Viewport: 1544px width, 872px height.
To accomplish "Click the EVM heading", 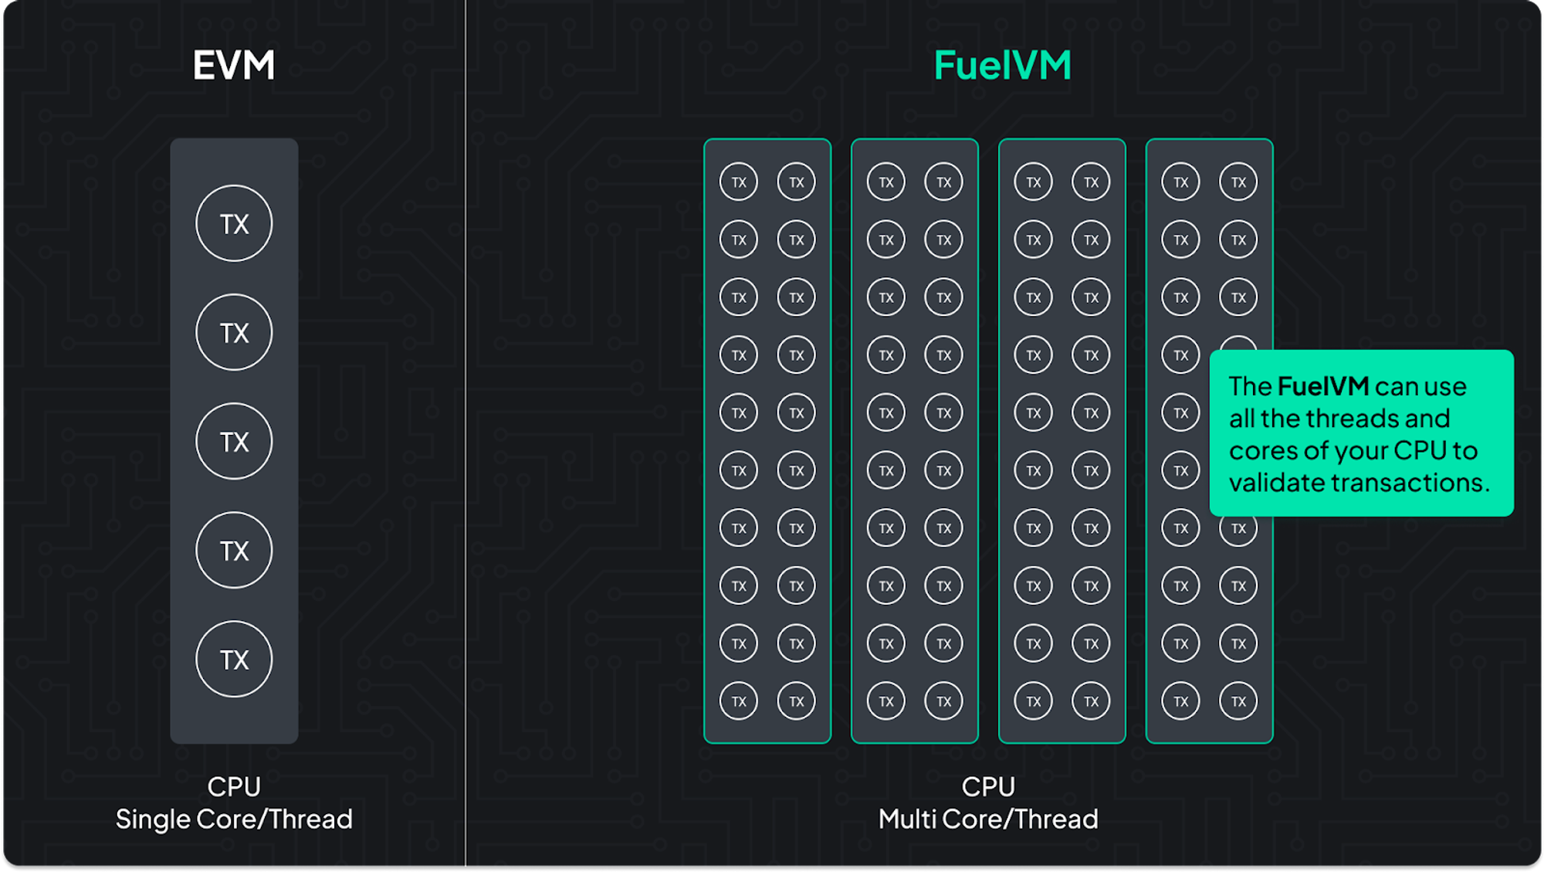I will click(234, 65).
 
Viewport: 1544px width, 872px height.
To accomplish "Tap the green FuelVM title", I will click(1002, 65).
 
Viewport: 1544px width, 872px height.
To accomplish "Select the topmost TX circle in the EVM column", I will click(234, 223).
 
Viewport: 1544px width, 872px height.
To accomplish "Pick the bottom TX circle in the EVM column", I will click(234, 659).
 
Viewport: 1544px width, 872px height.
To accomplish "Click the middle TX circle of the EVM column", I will click(234, 441).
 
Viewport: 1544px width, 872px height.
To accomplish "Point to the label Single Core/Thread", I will click(234, 819).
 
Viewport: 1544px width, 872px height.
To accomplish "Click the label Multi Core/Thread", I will click(988, 819).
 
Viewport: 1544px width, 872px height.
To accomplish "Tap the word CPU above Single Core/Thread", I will click(234, 786).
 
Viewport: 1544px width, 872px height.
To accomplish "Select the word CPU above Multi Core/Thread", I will click(988, 786).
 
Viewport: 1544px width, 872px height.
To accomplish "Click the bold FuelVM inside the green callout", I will click(1323, 385).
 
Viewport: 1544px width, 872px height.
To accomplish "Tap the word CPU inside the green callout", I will click(1420, 450).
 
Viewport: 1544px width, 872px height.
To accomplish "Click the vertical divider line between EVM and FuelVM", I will click(466, 433).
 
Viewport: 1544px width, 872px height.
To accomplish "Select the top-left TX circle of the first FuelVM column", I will click(739, 182).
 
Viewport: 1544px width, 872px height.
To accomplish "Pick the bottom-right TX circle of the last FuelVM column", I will click(1238, 701).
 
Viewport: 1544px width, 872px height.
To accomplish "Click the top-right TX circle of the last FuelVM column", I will click(1238, 182).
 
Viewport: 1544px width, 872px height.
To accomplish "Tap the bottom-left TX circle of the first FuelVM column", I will click(739, 701).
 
